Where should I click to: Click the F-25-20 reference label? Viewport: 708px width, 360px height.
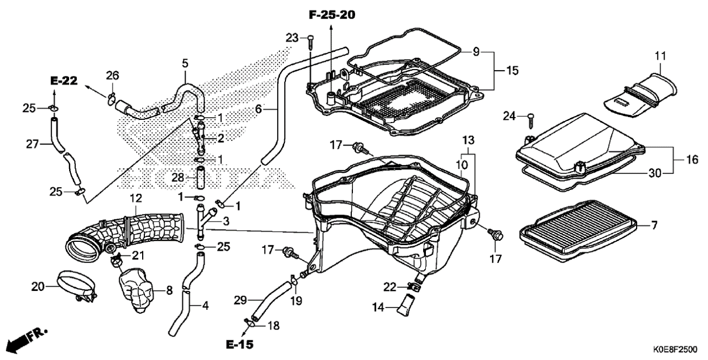[x=332, y=15]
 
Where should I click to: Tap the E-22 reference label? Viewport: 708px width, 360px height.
[x=64, y=81]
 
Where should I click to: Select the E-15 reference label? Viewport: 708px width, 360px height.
[x=240, y=344]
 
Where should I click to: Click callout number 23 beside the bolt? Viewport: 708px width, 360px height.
[x=292, y=38]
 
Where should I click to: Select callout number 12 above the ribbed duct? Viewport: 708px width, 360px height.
[x=136, y=198]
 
